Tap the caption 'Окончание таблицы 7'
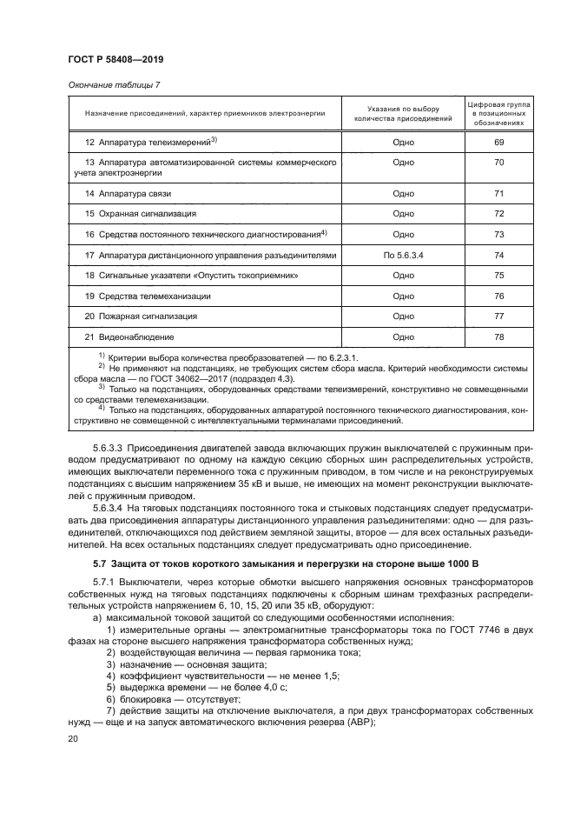click(109, 84)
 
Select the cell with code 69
click(498, 141)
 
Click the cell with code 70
click(498, 163)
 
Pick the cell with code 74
click(498, 256)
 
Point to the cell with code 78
click(498, 337)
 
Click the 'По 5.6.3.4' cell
click(403, 256)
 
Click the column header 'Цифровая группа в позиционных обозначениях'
click(498, 114)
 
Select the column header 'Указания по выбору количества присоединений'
click(403, 114)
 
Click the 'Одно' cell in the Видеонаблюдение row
click(403, 337)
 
